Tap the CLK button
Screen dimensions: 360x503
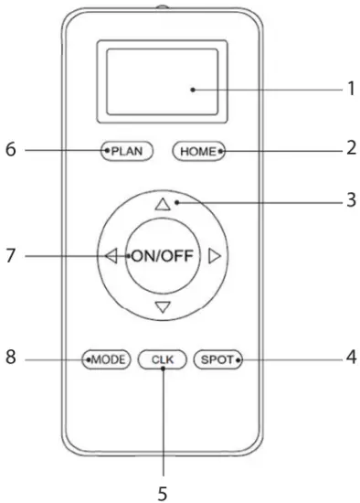tap(162, 359)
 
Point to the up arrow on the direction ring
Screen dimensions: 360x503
tap(163, 206)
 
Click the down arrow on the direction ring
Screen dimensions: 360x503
tap(163, 306)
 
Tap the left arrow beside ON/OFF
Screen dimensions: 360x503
tap(112, 257)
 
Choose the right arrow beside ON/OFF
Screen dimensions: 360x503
tap(214, 257)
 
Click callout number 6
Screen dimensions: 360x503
tap(11, 150)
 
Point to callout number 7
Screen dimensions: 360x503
tap(11, 257)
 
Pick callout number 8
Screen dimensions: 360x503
tap(11, 359)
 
